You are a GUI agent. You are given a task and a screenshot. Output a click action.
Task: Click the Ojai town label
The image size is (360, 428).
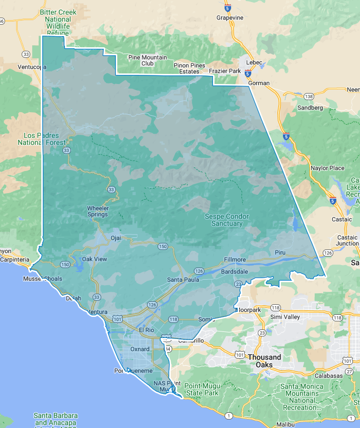point(116,238)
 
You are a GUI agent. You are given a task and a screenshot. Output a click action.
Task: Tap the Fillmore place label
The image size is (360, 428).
point(235,260)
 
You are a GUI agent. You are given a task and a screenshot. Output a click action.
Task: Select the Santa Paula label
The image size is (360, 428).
point(183,280)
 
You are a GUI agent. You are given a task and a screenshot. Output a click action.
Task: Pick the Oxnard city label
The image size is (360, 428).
point(140,349)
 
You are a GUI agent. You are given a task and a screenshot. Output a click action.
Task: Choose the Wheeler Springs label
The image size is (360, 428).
point(98,211)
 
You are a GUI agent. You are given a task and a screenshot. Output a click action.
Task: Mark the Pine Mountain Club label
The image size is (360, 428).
point(148,60)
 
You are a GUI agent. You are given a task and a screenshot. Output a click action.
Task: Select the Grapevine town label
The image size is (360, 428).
point(230,18)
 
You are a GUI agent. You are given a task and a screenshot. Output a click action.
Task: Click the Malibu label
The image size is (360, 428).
point(285,424)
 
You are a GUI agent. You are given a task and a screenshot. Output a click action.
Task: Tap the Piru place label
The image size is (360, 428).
point(280,251)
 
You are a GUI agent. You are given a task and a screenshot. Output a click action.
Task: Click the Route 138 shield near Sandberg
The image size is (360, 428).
point(309,96)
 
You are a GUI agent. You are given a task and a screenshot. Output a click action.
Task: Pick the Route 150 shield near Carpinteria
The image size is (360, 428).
point(65,264)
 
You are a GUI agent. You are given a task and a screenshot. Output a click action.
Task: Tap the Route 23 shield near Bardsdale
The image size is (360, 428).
point(238,284)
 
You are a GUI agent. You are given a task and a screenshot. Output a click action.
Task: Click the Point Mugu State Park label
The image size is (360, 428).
point(201,389)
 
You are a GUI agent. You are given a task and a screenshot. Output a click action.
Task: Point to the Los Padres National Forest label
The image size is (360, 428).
point(41,139)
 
